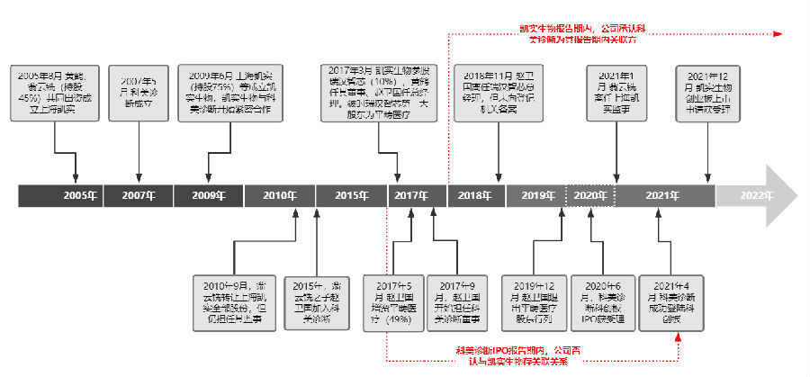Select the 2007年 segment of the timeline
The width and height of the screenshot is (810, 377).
[x=138, y=195]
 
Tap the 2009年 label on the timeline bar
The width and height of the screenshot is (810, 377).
[x=208, y=195]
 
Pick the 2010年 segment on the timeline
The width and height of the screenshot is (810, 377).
[x=279, y=195]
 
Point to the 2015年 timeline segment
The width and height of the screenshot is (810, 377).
[x=350, y=195]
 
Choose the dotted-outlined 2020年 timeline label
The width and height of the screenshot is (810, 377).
[x=589, y=195]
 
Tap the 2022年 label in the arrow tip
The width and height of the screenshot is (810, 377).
[x=756, y=195]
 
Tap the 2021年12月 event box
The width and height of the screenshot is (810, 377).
[x=713, y=93]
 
